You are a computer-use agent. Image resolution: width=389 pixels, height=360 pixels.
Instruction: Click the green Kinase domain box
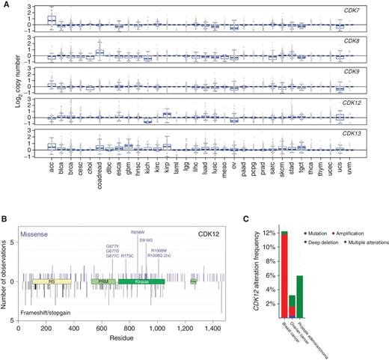pyautogui.click(x=141, y=281)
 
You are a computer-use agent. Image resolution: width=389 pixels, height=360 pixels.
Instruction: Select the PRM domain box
pyautogui.click(x=99, y=281)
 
